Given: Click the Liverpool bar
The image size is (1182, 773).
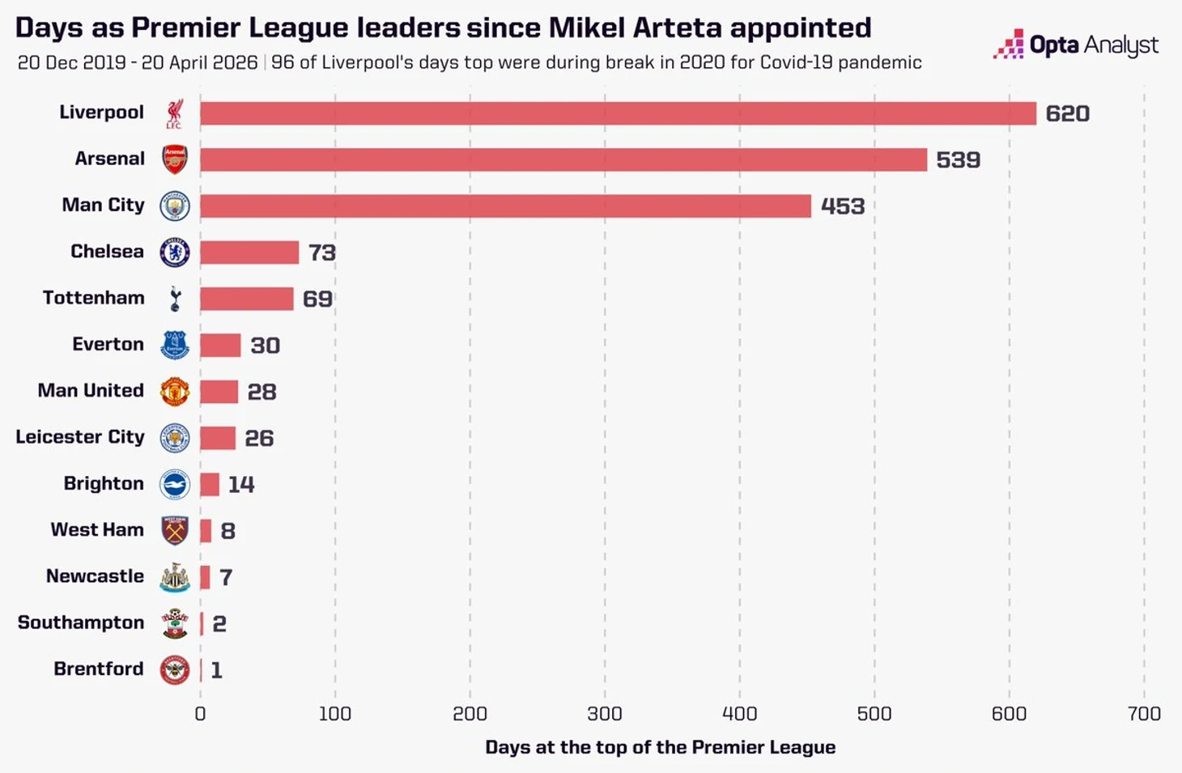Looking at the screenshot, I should click(618, 113).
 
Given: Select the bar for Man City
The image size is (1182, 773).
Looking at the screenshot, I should click(505, 206).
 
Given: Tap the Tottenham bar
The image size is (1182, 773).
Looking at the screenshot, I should click(246, 299).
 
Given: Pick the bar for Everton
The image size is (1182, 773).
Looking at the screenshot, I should click(220, 346).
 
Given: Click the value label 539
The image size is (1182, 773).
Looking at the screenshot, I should click(958, 159).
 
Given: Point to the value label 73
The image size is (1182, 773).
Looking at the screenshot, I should click(321, 253).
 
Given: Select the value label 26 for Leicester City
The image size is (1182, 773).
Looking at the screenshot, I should click(259, 438).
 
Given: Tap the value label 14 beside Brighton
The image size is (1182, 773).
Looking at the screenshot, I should click(241, 484).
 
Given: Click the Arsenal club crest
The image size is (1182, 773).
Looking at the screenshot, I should click(175, 159).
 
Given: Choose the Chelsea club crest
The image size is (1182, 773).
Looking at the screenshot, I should click(175, 253).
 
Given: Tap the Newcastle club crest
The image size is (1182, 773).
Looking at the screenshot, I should click(175, 577).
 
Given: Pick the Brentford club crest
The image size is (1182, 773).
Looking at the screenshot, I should click(175, 670).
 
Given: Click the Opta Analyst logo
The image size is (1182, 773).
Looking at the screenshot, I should click(1076, 45).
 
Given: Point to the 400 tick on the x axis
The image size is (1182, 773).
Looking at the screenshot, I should click(739, 713).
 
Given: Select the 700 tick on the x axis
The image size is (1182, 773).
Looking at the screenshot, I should click(1143, 713).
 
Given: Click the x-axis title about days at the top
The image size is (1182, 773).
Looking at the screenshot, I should click(660, 747).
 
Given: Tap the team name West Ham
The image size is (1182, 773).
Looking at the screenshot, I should click(97, 529).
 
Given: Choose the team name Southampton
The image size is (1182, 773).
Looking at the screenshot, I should click(81, 622).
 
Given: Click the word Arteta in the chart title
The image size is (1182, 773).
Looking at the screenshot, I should click(677, 28).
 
